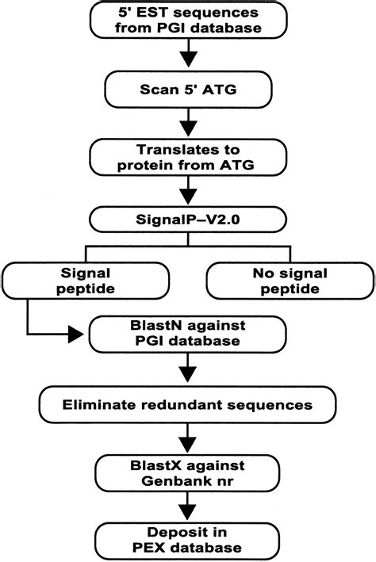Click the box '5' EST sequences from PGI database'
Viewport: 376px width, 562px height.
[x=188, y=21]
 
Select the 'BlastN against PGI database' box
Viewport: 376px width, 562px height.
[x=188, y=334]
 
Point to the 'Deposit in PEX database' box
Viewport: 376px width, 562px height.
[x=188, y=537]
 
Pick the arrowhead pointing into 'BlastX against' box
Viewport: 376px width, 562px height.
[x=188, y=441]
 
